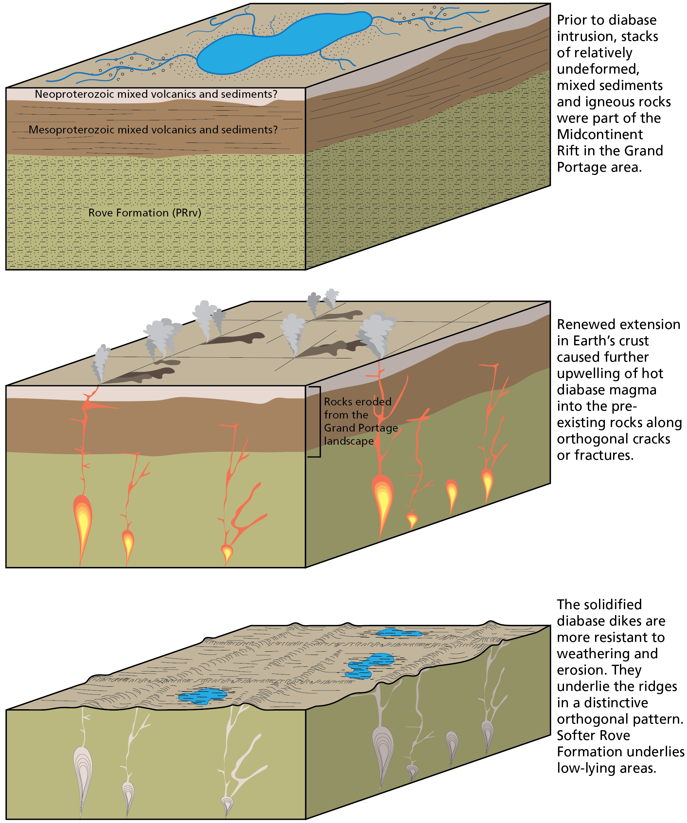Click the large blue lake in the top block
click(x=282, y=43)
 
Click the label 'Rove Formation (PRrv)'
click(x=145, y=213)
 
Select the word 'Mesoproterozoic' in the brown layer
click(x=72, y=130)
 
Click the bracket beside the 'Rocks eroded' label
click(x=320, y=422)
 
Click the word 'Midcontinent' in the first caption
click(x=600, y=134)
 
